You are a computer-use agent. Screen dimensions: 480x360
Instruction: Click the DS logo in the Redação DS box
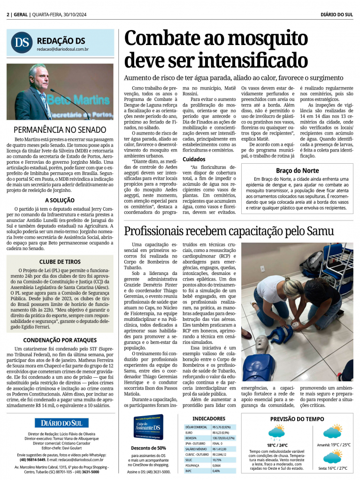(x=22, y=42)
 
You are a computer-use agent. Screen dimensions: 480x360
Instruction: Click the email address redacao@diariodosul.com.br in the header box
(x=63, y=49)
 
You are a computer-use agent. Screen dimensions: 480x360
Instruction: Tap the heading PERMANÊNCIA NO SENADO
(x=60, y=130)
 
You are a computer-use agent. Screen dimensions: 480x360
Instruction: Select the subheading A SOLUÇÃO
(x=60, y=200)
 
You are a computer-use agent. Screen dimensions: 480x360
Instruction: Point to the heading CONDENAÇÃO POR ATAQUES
(x=60, y=340)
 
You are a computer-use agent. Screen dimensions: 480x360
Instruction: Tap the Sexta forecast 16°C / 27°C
(x=333, y=468)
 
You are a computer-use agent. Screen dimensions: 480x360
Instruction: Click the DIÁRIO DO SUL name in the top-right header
(x=337, y=15)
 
